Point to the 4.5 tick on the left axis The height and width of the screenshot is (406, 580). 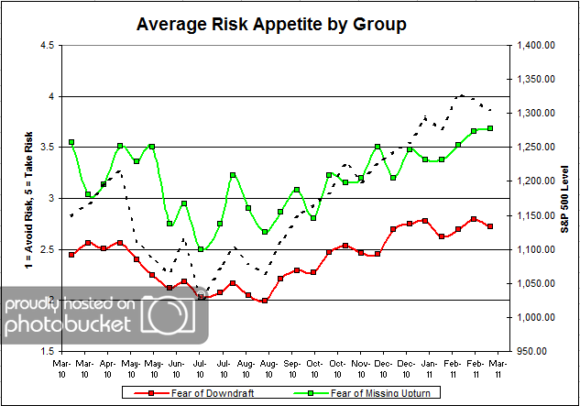click(45, 45)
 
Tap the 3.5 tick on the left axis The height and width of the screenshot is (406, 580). click(45, 147)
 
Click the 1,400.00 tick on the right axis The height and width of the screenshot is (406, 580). click(536, 45)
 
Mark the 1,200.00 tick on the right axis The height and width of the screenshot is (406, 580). click(536, 181)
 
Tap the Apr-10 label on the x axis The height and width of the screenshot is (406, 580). click(109, 368)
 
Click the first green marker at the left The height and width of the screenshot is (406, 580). click(71, 143)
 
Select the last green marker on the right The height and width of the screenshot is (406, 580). click(490, 128)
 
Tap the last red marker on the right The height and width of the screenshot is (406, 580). click(490, 226)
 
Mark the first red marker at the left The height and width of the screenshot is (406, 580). click(71, 254)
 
